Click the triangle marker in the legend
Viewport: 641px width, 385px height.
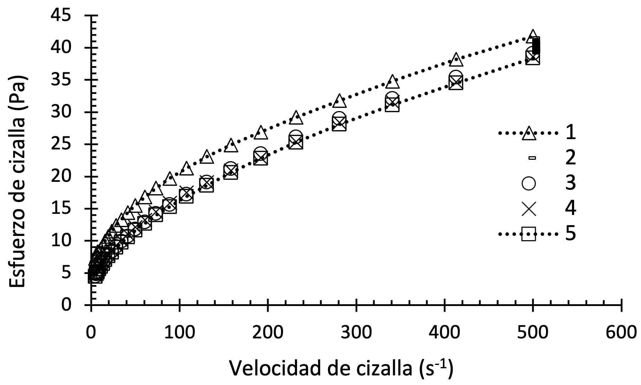tap(529, 133)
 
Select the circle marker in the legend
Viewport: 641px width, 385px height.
tap(529, 184)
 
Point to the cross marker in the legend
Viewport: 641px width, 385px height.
tap(529, 209)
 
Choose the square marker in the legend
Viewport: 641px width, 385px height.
tap(529, 234)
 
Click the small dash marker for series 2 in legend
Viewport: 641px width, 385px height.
tap(532, 158)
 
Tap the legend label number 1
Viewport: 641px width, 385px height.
tap(570, 133)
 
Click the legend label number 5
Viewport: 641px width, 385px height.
tap(570, 234)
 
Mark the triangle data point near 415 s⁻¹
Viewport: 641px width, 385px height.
tap(456, 60)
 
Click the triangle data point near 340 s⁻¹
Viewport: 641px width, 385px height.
tap(392, 81)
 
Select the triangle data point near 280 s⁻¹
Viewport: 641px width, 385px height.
tap(339, 101)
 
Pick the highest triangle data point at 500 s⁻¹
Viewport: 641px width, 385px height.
tap(533, 36)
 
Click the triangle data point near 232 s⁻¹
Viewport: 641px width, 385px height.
tap(296, 118)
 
